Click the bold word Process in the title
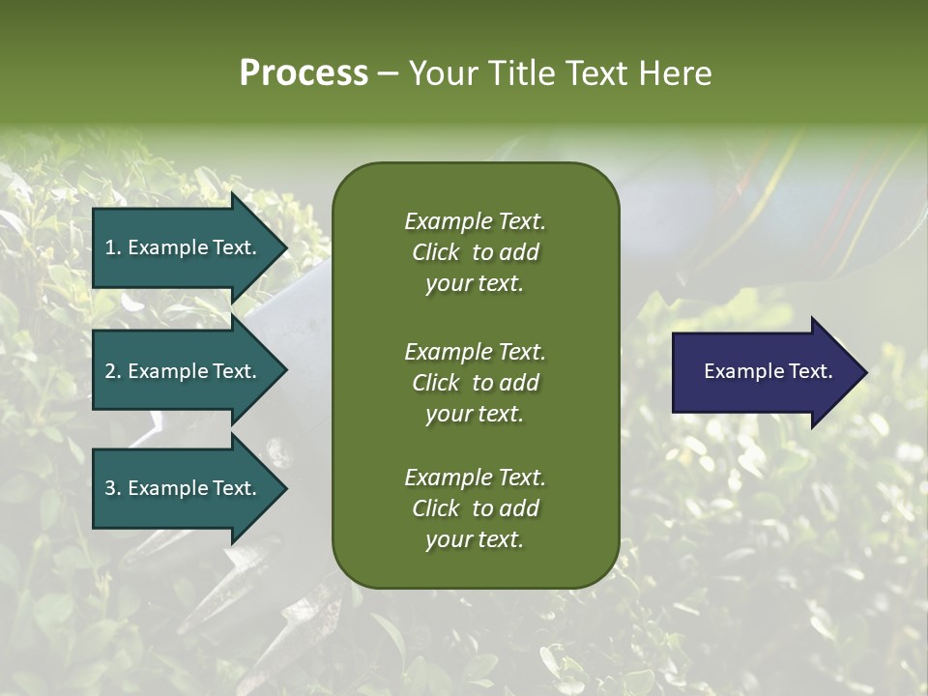coord(304,73)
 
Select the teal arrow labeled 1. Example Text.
coord(184,247)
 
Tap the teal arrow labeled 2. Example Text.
coord(184,371)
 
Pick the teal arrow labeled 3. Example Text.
coord(184,488)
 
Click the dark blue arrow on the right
coord(764,371)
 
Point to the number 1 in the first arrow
coord(110,247)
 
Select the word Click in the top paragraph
coord(435,252)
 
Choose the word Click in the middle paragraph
coord(435,383)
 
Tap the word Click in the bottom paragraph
coord(435,508)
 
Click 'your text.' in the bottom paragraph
coord(475,540)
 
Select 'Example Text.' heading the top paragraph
coord(475,221)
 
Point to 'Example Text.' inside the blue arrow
coord(768,371)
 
